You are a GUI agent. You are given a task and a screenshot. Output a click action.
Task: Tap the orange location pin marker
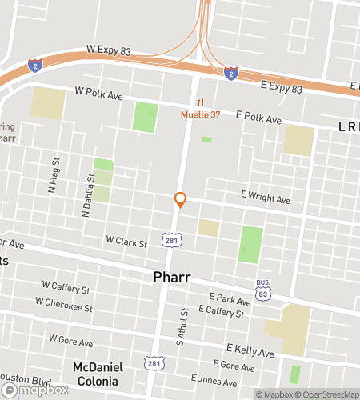[180, 200]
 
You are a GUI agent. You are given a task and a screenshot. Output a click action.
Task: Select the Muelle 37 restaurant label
[199, 114]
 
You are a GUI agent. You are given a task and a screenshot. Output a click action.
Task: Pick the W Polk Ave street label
[99, 94]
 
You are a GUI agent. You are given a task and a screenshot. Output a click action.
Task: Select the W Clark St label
[126, 240]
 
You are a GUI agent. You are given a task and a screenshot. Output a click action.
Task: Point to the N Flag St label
[53, 181]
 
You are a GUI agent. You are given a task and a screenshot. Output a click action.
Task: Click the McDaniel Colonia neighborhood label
[98, 374]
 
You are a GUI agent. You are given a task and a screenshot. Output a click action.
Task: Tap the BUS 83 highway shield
[264, 290]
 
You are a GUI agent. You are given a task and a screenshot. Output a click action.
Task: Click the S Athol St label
[182, 333]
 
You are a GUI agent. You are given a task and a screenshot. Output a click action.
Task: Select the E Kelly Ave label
[250, 351]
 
